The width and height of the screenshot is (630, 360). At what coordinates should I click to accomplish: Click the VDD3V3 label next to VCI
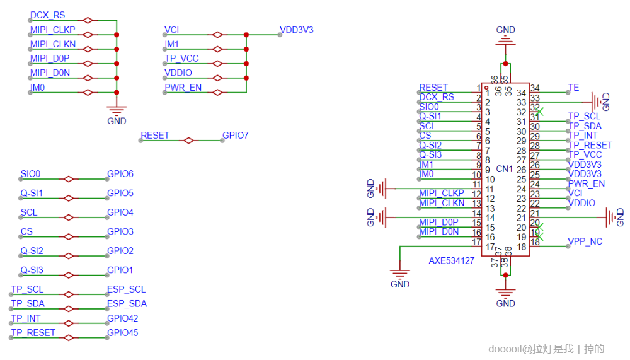point(296,30)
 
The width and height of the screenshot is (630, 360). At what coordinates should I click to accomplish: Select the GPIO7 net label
point(236,136)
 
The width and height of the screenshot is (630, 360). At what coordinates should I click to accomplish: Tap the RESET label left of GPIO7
point(155,136)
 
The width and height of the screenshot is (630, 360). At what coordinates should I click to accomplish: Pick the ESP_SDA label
point(127,304)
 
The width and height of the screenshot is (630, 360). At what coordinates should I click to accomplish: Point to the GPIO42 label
point(122,318)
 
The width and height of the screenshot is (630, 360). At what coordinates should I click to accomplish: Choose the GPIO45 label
point(122,333)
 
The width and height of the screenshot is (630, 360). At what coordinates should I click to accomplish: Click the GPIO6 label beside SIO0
point(120,174)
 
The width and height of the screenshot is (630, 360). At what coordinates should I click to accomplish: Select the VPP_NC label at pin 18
point(585,241)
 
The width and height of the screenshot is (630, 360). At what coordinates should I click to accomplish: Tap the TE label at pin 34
point(573,88)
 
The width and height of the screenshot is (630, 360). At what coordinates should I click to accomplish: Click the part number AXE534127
point(452,260)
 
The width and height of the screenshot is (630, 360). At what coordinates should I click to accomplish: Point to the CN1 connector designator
point(504,169)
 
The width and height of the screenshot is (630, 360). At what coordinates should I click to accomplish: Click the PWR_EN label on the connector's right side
point(587,184)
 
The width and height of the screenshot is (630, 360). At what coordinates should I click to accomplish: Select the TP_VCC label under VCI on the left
point(181,59)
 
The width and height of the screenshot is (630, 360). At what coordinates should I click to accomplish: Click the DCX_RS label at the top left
point(47,15)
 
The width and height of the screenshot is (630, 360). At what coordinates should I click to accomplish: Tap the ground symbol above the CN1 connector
point(505,39)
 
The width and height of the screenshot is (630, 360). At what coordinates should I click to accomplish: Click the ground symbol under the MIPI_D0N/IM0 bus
point(117,112)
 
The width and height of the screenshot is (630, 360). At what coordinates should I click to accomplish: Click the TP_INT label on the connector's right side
point(583,136)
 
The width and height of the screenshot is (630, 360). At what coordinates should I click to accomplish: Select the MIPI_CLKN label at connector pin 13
point(442,203)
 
